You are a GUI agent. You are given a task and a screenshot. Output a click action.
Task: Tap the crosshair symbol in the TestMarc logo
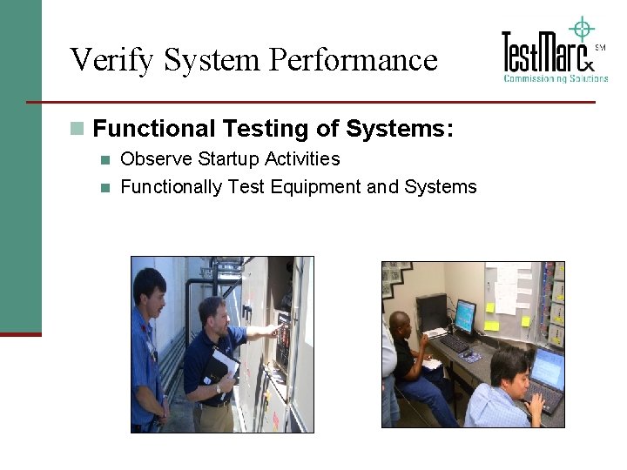581,29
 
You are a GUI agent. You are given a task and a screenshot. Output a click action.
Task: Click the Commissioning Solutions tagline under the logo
556,78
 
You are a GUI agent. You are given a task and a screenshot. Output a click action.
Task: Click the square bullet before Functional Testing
78,129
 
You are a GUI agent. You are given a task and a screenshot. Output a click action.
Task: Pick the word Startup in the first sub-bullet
228,159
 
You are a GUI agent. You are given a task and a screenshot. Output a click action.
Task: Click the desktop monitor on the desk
465,316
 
